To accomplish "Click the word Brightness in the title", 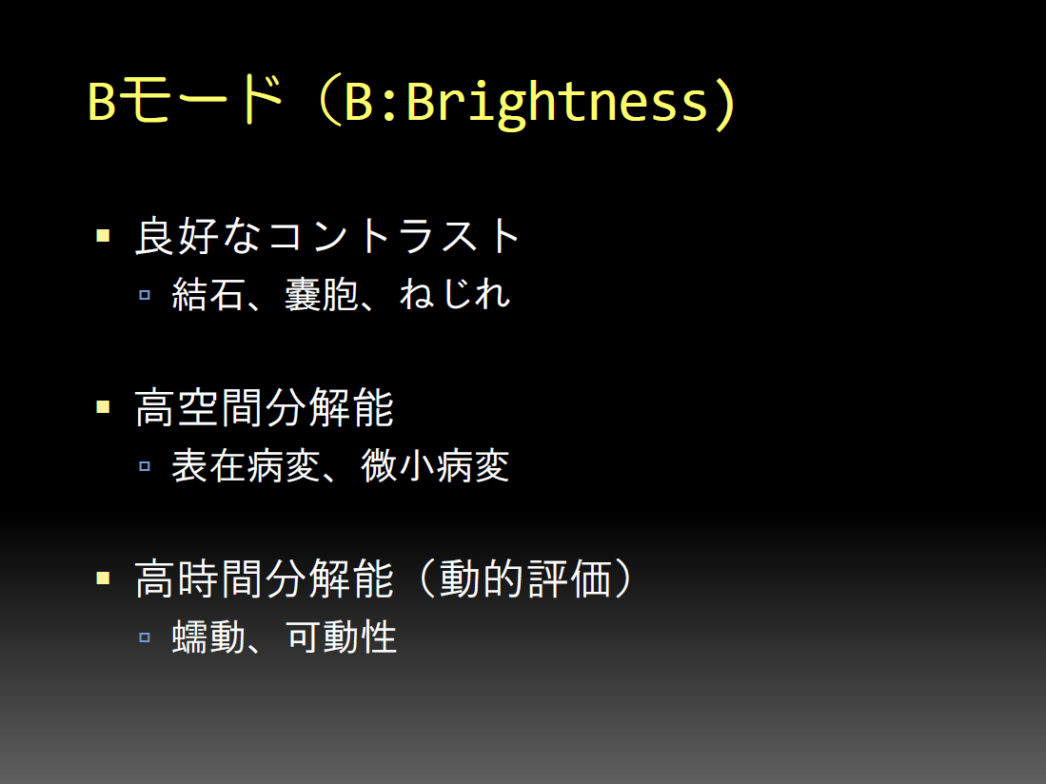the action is tap(558, 103).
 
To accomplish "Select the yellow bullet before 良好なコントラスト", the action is tap(103, 235).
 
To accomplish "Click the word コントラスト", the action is tap(394, 236).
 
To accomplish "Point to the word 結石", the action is tap(207, 294).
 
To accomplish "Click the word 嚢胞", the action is tap(321, 294).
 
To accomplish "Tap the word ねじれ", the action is tap(455, 294).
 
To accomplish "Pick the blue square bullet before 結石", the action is tap(145, 295).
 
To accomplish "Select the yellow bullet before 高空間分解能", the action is tap(103, 406).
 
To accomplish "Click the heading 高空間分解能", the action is tap(265, 407).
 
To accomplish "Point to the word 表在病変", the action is tap(247, 465).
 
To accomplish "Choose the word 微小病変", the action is tap(435, 465).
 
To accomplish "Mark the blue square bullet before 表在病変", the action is tap(145, 466).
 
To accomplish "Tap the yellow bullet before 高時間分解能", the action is tap(103, 578).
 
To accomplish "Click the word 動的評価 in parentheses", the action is tap(525, 578).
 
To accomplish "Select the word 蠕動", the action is tap(207, 637).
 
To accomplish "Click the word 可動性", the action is tap(341, 637).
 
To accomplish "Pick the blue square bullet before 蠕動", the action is tap(145, 637).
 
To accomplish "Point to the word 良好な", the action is tap(197, 236).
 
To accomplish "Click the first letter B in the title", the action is tap(102, 102).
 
